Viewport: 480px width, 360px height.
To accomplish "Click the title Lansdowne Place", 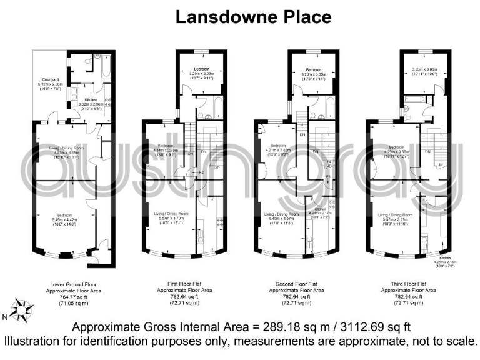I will (x=252, y=16).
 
